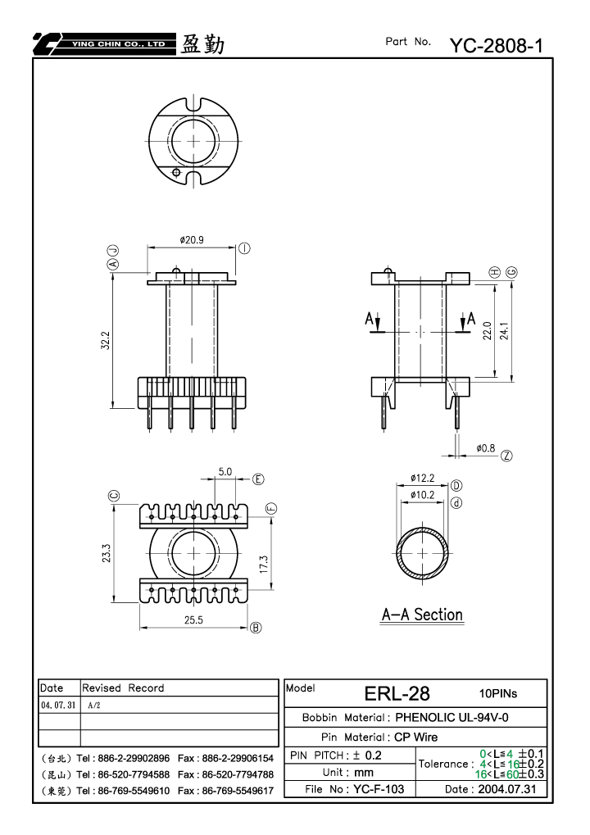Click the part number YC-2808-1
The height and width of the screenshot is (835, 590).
coord(497,46)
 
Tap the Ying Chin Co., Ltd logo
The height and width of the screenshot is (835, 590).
coord(104,44)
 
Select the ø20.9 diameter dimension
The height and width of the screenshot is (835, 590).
coord(192,240)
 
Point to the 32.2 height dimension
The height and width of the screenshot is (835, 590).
coord(106,340)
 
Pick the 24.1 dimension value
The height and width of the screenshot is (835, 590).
coord(504,331)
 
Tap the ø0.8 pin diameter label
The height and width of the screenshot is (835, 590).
coord(486,448)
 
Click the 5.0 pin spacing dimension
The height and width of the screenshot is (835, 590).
coord(225,472)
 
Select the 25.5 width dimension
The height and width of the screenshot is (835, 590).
coord(194,619)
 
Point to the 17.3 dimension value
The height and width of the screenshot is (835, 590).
coord(264,565)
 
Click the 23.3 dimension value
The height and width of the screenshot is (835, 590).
coord(107,553)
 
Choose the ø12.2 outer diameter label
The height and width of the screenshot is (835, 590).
coord(422,479)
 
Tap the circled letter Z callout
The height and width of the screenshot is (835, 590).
coord(507,456)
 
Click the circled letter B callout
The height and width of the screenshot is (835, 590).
coord(256,628)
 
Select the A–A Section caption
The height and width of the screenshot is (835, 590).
coord(422,615)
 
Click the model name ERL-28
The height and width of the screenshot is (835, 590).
coord(397,693)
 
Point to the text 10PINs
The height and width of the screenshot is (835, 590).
coord(498,693)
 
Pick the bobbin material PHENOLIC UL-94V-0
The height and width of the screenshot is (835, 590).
coord(452,718)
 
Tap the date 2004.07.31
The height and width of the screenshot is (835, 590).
coord(507,789)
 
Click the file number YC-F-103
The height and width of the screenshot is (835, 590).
coord(379,789)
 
